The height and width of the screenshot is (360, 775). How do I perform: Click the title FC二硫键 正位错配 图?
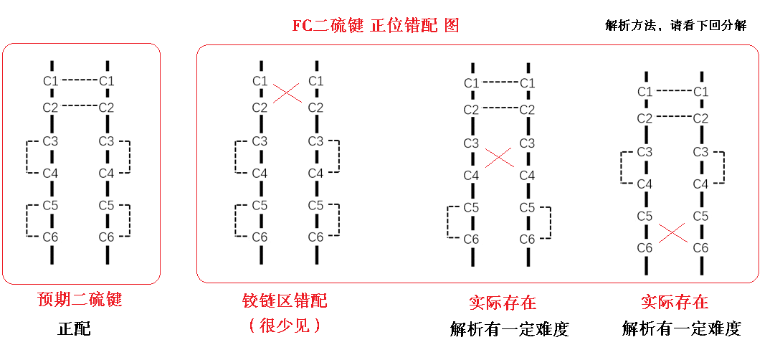tap(375, 26)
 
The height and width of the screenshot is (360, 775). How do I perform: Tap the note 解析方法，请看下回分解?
tap(675, 26)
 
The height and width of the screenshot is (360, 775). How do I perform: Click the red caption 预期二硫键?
tap(79, 298)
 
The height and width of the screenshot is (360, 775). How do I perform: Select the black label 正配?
tap(75, 329)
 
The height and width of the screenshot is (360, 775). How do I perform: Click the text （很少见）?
tap(285, 326)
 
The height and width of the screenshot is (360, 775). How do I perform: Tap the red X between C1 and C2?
tap(287, 93)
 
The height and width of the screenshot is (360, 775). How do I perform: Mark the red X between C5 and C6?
tap(672, 232)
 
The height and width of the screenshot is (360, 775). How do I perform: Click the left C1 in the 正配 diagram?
tap(50, 80)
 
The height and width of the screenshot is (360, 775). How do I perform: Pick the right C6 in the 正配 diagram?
tap(106, 237)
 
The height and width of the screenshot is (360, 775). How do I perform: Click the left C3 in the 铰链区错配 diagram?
tap(260, 141)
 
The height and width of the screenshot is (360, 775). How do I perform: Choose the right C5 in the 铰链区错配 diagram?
tap(315, 205)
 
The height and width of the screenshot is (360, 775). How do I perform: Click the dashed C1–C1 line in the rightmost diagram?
tap(672, 91)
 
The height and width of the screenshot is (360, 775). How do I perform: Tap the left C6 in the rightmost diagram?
tap(645, 247)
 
